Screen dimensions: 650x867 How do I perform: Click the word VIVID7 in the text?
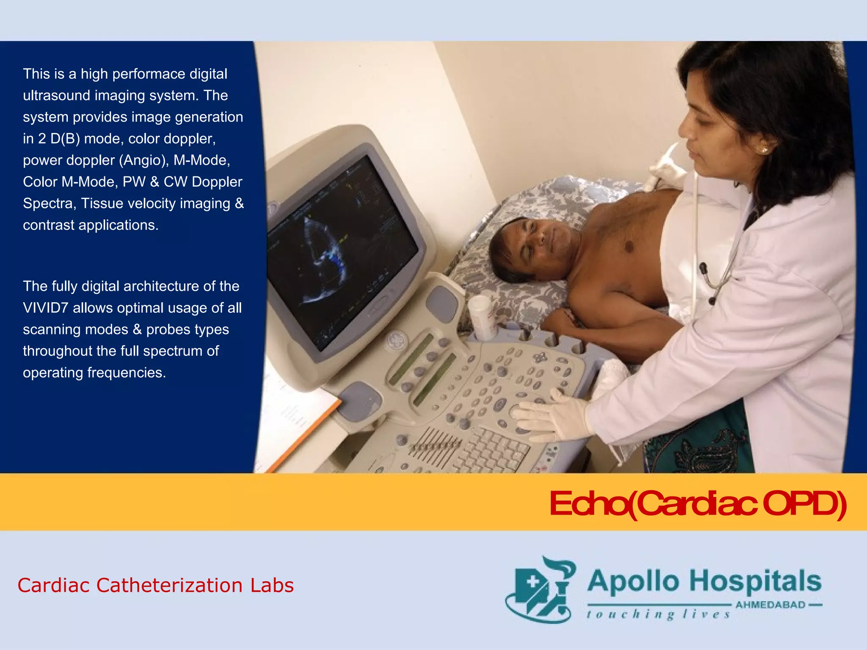point(45,308)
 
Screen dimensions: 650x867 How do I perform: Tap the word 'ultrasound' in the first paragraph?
point(56,96)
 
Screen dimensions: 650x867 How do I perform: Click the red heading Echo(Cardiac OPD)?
point(697,504)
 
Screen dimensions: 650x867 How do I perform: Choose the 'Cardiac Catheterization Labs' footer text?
point(155,586)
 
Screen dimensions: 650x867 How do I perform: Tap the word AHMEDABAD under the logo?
point(770,605)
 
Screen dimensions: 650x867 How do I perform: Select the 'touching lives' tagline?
point(658,614)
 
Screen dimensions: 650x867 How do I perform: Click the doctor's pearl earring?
point(764,150)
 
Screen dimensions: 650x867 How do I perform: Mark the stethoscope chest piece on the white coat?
point(703,269)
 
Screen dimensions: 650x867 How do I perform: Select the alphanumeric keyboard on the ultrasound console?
point(491,449)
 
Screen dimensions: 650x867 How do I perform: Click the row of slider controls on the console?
point(436,444)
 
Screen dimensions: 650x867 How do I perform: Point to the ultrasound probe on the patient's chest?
point(665,169)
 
